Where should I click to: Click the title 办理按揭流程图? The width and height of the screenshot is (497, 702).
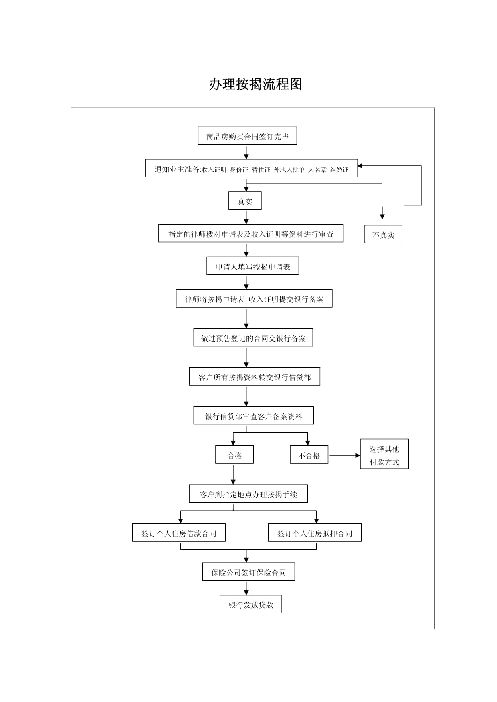pyautogui.click(x=255, y=84)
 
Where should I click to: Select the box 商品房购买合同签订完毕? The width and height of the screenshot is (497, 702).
pyautogui.click(x=247, y=136)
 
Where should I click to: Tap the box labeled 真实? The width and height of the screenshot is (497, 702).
pyautogui.click(x=245, y=201)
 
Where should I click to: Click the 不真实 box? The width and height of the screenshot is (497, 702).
pyautogui.click(x=383, y=234)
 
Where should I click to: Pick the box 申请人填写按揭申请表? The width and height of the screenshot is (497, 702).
pyautogui.click(x=253, y=266)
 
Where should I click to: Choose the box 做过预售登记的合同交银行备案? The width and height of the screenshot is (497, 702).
pyautogui.click(x=253, y=338)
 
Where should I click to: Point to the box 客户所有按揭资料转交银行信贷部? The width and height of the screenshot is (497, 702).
pyautogui.click(x=255, y=376)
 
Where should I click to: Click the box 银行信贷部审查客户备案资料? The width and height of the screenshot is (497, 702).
pyautogui.click(x=254, y=416)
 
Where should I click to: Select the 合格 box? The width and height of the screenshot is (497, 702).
pyautogui.click(x=234, y=455)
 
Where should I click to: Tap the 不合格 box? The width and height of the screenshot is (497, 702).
pyautogui.click(x=309, y=455)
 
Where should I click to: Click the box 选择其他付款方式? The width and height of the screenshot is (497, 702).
pyautogui.click(x=384, y=454)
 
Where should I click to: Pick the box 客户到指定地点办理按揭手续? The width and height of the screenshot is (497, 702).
pyautogui.click(x=248, y=494)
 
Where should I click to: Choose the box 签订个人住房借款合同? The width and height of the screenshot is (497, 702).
pyautogui.click(x=179, y=533)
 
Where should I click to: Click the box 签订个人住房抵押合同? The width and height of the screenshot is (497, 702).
pyautogui.click(x=315, y=533)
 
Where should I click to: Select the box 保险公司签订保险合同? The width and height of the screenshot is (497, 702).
pyautogui.click(x=249, y=572)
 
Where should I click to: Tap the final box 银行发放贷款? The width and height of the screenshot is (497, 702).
pyautogui.click(x=251, y=604)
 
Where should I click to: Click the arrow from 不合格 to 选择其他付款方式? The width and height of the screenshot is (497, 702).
pyautogui.click(x=345, y=455)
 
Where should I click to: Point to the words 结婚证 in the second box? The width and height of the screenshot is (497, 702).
pyautogui.click(x=339, y=170)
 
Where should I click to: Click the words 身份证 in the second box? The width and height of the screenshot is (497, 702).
pyautogui.click(x=239, y=170)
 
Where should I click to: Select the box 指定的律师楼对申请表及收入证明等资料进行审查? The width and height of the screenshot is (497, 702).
pyautogui.click(x=251, y=233)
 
